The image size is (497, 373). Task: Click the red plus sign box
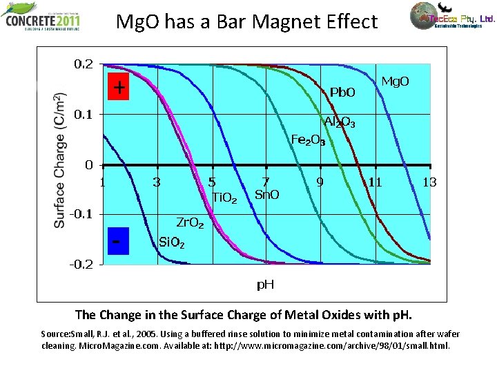[118, 87]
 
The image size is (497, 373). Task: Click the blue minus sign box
[118, 241]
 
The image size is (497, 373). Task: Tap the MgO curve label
[396, 82]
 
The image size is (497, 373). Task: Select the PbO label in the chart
[342, 92]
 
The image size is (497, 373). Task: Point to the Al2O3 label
[336, 123]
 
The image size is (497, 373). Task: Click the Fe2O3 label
[308, 140]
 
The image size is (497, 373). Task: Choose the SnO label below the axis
[267, 195]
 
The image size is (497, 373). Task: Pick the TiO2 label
[224, 199]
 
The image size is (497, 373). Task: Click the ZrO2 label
[190, 223]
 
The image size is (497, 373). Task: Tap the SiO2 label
[172, 242]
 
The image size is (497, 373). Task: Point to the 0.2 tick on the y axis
[84, 64]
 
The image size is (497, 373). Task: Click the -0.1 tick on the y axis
[81, 214]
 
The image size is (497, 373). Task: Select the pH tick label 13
[429, 182]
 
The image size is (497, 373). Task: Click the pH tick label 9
[320, 182]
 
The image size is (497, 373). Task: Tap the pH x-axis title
[266, 284]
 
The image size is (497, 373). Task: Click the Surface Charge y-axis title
[61, 160]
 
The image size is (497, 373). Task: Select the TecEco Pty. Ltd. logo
[452, 19]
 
